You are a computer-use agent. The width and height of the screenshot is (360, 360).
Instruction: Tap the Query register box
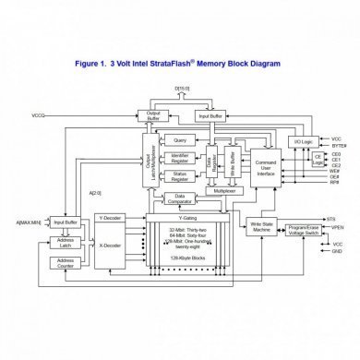click(179, 139)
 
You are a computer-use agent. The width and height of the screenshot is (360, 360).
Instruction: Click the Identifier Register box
click(179, 159)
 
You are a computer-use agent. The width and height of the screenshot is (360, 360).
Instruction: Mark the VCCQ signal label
click(39, 114)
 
